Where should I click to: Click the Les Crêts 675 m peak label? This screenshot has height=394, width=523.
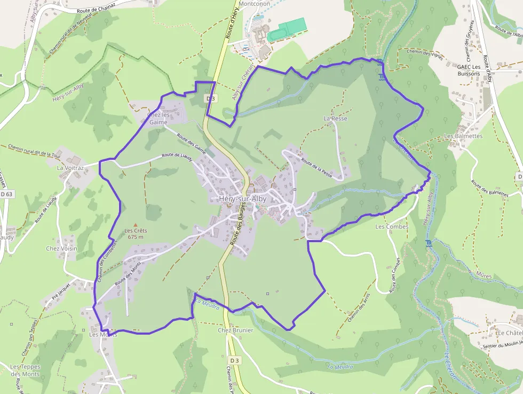point(136,234)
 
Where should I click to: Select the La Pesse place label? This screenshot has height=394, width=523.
point(335,118)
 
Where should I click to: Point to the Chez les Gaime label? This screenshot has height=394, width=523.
point(159,118)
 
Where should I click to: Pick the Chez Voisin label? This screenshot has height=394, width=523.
point(61,249)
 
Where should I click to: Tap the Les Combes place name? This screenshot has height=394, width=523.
point(392,227)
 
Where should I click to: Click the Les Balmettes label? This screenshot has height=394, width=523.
point(463,136)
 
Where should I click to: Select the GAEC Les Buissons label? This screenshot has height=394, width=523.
point(469,70)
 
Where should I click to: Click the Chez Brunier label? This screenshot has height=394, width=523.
point(235,330)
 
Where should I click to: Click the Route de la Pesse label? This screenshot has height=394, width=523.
point(316,167)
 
